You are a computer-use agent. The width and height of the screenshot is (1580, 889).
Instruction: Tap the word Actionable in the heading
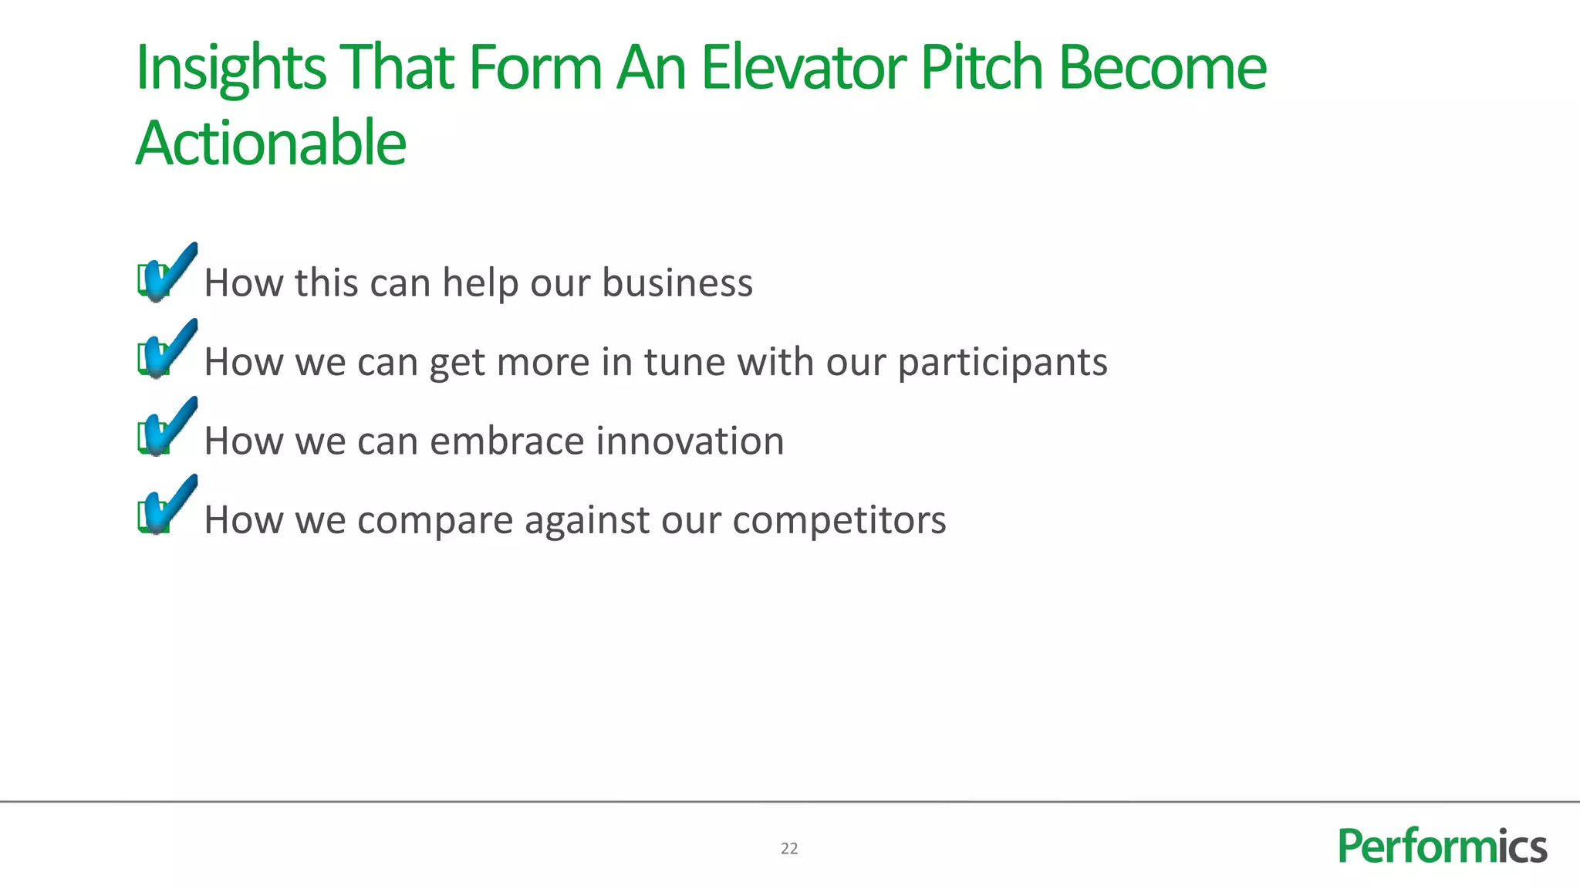[x=271, y=144]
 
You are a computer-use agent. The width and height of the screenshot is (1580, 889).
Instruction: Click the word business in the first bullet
[x=677, y=282]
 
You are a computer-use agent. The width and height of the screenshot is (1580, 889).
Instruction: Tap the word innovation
[x=690, y=441]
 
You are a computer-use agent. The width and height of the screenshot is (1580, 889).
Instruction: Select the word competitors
[x=839, y=520]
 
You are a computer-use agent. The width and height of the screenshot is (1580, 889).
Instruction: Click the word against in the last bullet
[x=587, y=521]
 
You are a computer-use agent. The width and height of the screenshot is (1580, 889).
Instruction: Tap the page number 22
[x=789, y=849]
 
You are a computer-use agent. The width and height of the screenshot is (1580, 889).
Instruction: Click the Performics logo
[x=1442, y=847]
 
